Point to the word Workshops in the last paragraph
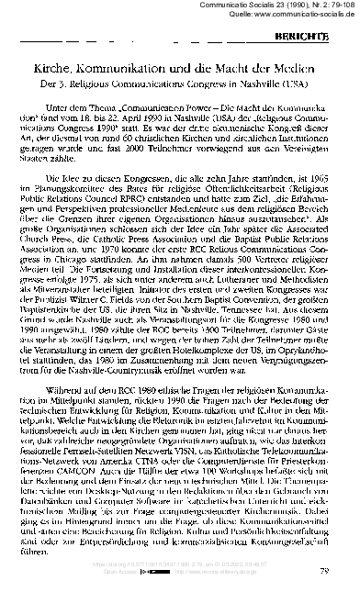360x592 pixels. (x=222, y=474)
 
